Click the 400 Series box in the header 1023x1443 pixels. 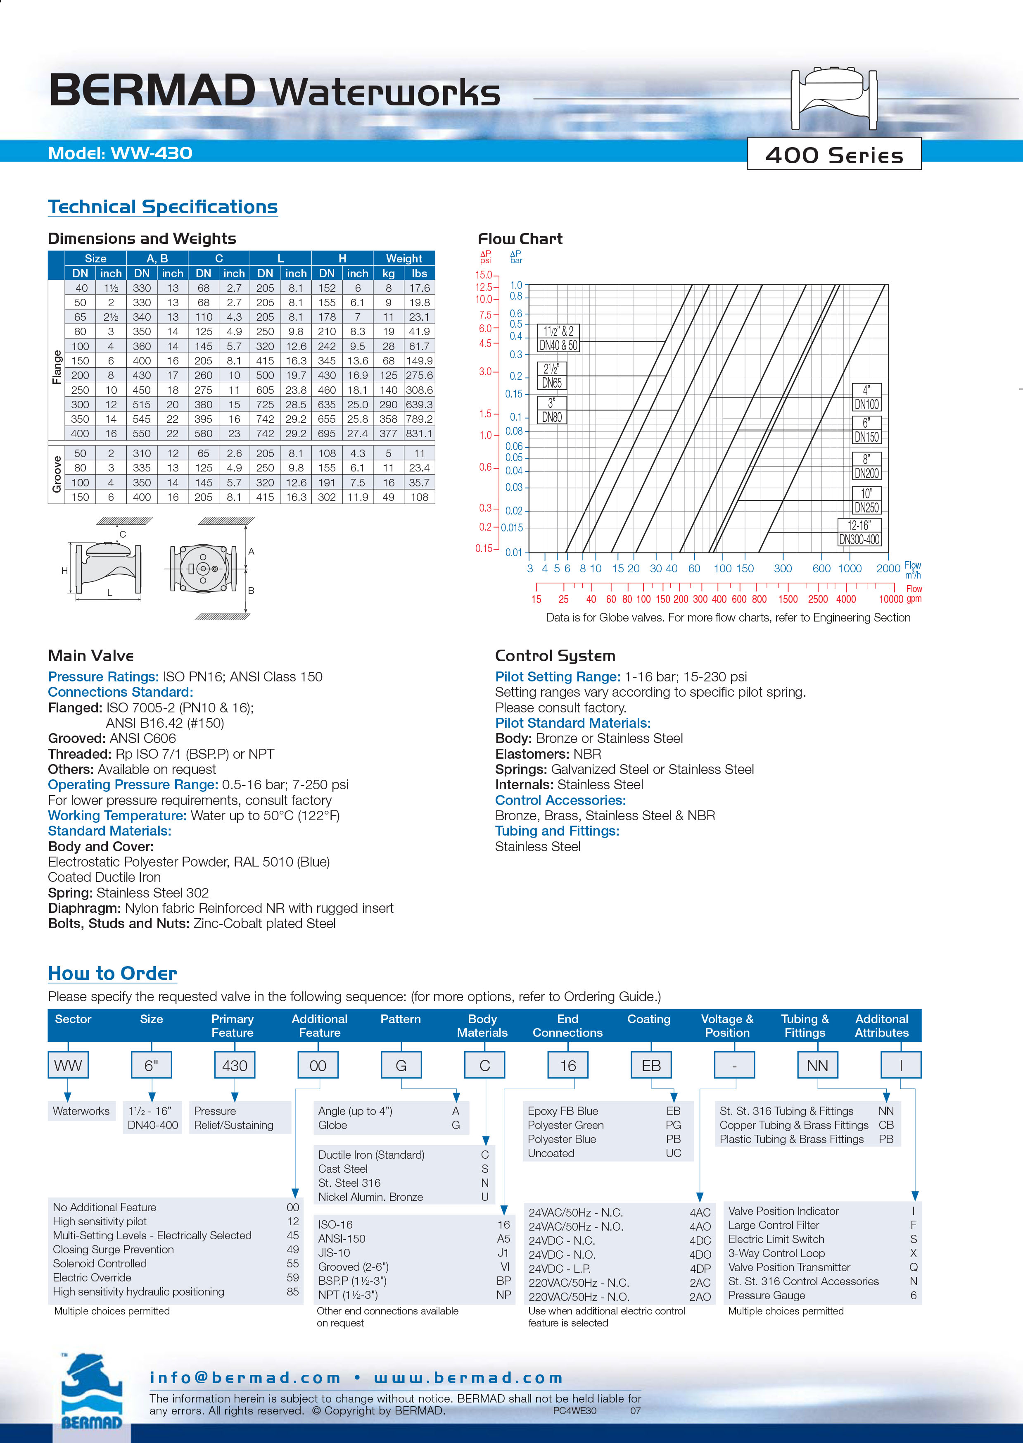click(833, 155)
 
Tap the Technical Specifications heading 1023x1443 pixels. click(163, 207)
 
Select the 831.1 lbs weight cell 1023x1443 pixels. click(419, 433)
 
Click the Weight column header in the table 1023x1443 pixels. click(404, 258)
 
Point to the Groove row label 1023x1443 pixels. click(57, 474)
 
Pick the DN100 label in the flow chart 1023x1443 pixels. click(867, 405)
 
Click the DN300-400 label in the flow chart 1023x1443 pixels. click(859, 539)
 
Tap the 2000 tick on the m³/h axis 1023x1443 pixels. click(888, 568)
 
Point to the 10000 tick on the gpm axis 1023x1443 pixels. click(891, 599)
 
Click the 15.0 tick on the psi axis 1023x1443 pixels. click(484, 275)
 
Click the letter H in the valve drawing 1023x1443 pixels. click(64, 570)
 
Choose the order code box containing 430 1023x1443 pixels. click(234, 1066)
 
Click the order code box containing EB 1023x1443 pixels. click(651, 1066)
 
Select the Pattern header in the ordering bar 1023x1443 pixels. click(400, 1019)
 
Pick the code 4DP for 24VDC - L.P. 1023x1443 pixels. click(700, 1269)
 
